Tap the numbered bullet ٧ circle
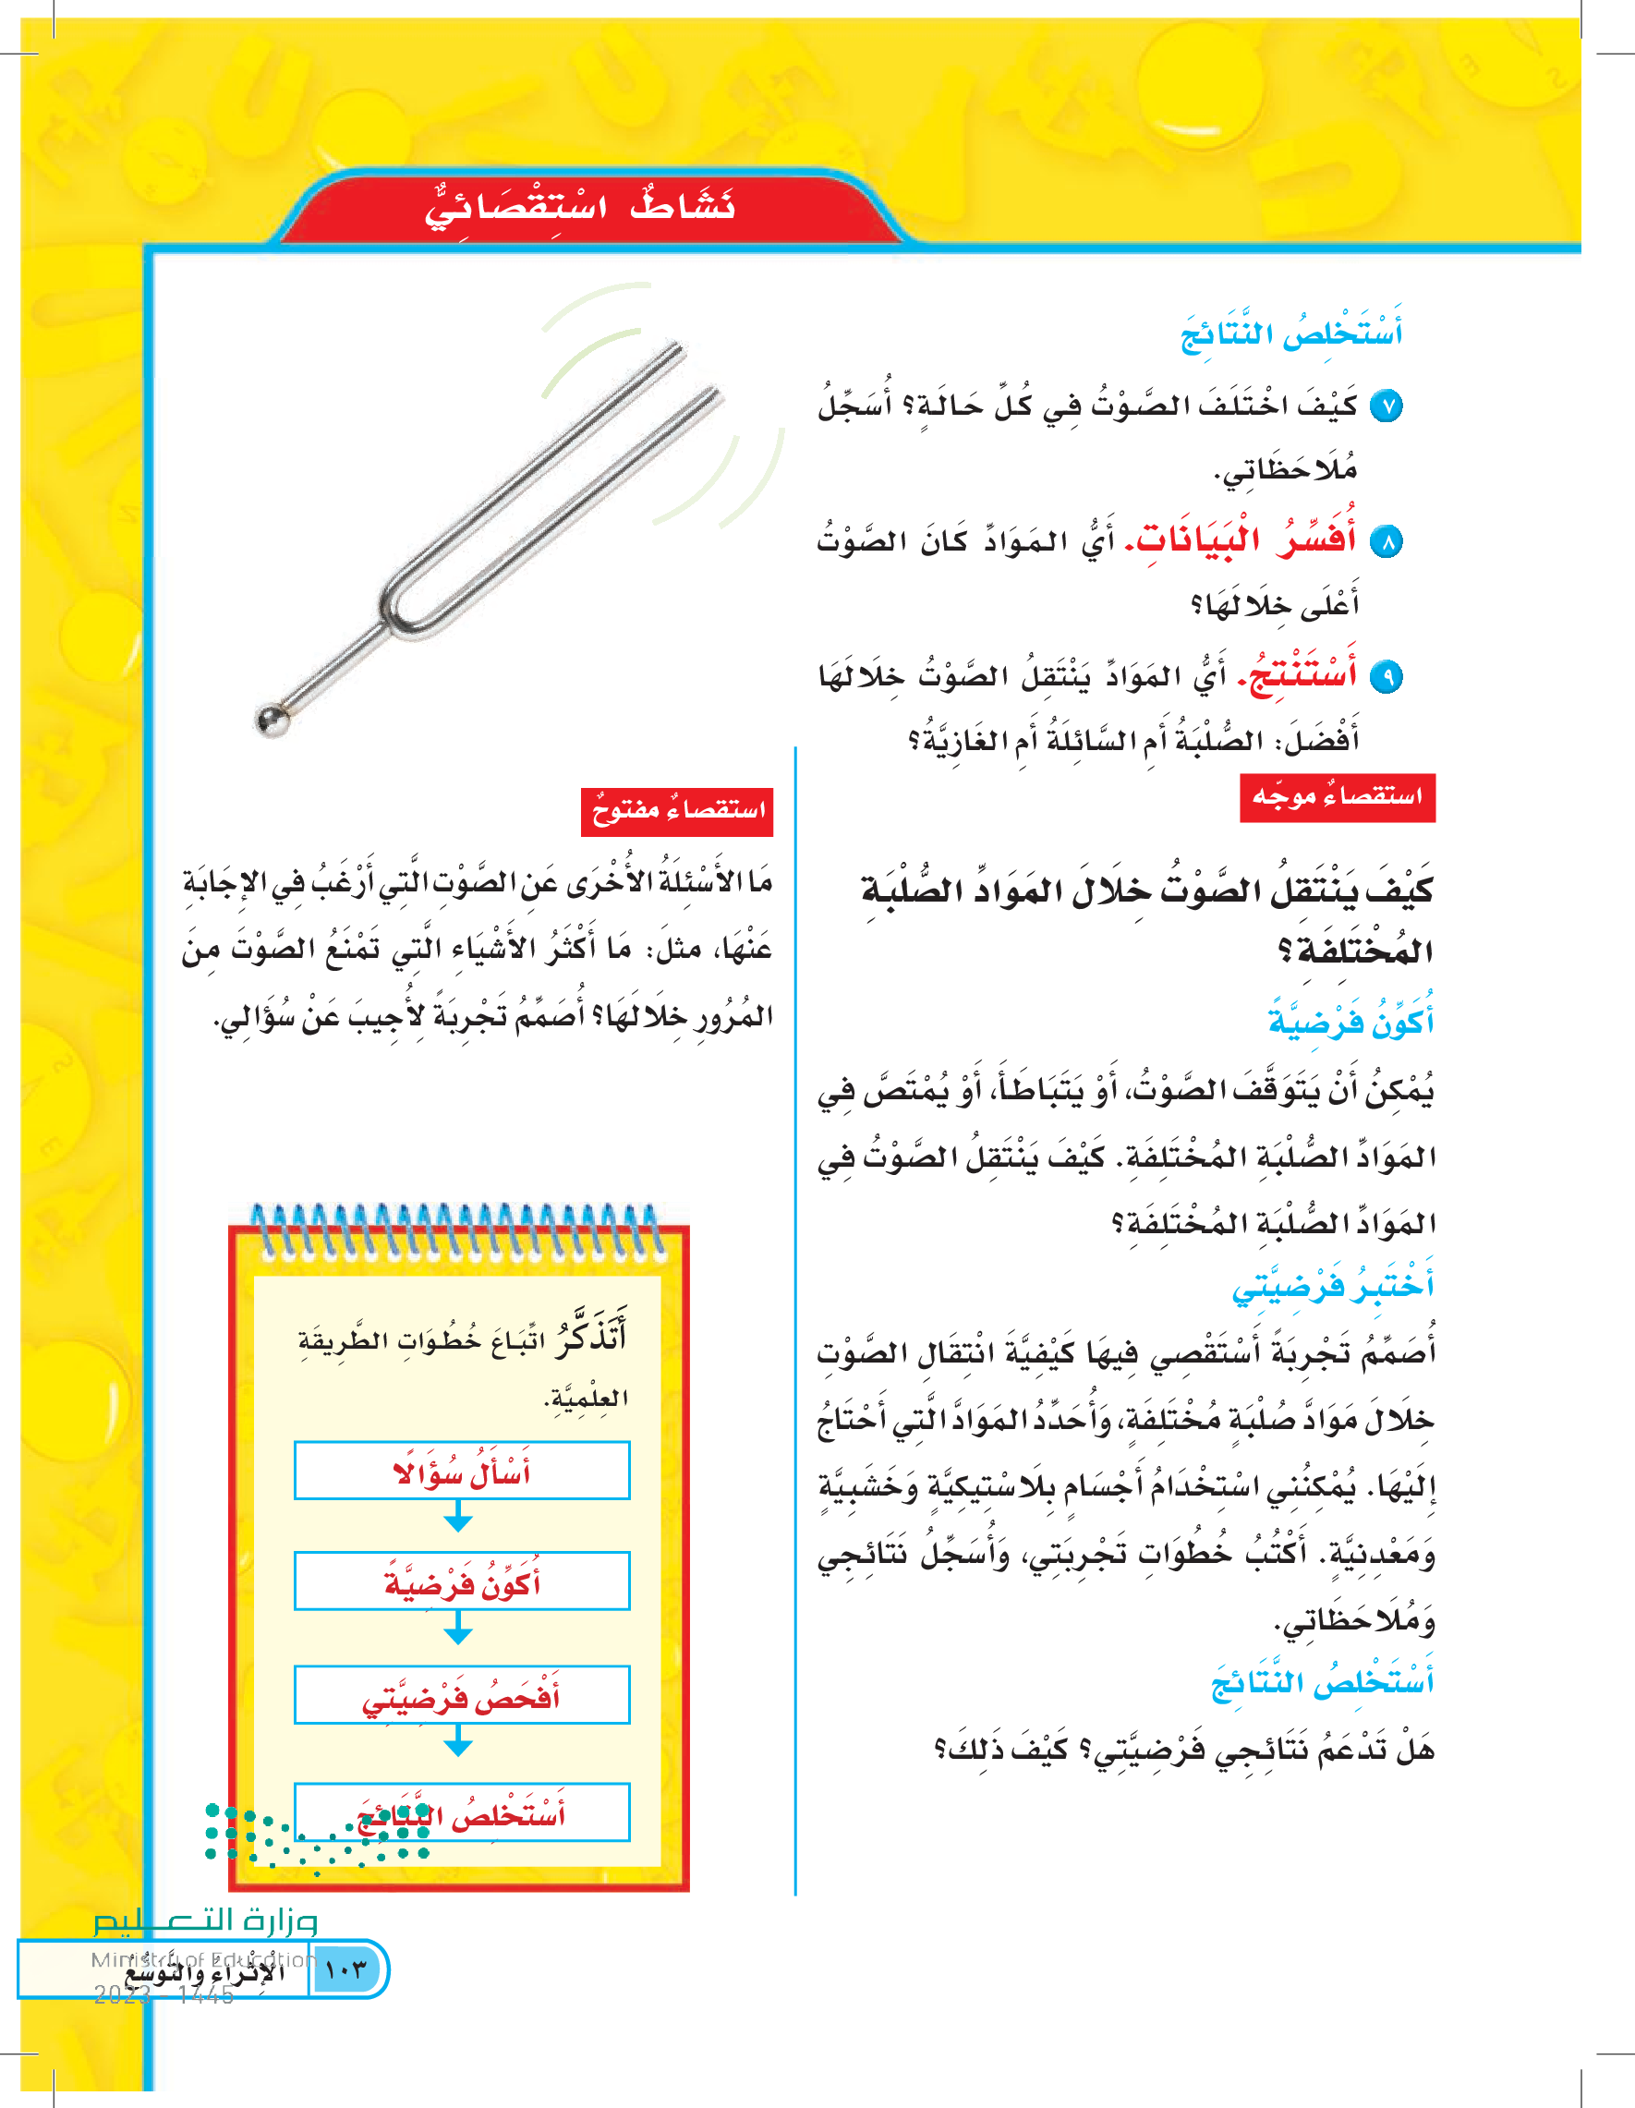click(x=1386, y=406)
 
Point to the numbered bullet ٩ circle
click(x=1386, y=676)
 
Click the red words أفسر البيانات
click(x=1246, y=539)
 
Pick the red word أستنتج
click(x=1302, y=672)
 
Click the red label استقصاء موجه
click(x=1337, y=797)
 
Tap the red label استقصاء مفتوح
click(x=676, y=811)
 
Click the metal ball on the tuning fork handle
click(x=272, y=720)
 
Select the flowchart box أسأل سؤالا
click(x=461, y=1471)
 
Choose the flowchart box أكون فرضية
click(x=461, y=1582)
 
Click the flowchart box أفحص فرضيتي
click(x=461, y=1695)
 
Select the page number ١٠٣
click(x=346, y=1970)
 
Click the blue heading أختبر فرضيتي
click(x=1333, y=1287)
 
